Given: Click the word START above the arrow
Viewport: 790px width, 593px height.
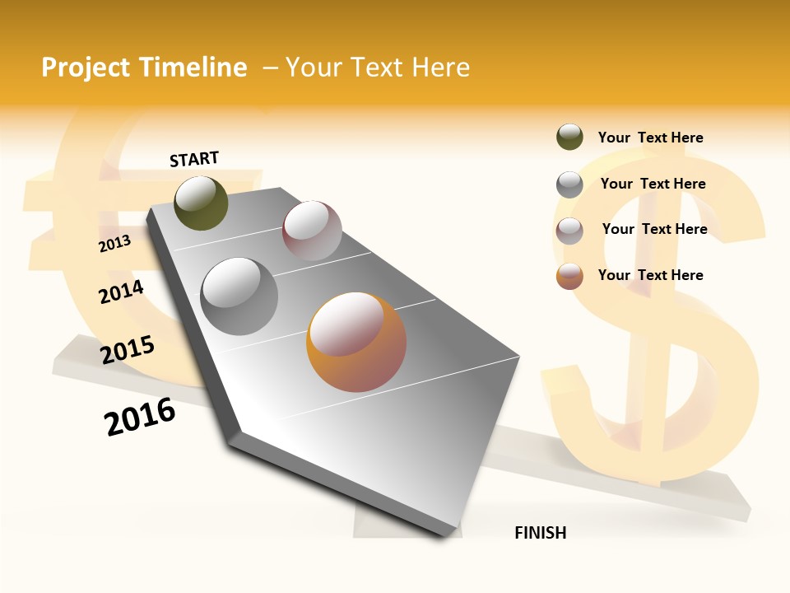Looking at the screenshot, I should tap(194, 159).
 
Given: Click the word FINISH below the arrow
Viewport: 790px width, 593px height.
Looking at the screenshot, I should tap(540, 533).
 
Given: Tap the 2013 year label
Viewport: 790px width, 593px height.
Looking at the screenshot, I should tap(114, 244).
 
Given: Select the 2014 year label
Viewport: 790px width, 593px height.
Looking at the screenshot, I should tap(121, 292).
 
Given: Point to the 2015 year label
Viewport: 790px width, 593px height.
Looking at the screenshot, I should tap(128, 350).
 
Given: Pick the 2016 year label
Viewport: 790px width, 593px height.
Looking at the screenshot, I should tap(140, 416).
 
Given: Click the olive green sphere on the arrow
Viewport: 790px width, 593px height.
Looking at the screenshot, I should tap(201, 203).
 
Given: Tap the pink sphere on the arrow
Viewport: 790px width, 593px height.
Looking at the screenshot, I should tap(312, 231).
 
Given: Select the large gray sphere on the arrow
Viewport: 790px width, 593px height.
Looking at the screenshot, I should tap(239, 296).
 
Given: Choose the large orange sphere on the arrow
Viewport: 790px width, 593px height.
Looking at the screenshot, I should tap(356, 342).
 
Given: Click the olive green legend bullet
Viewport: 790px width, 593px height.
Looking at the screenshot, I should tap(569, 137).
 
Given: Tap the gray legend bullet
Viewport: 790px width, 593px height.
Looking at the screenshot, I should tap(569, 184).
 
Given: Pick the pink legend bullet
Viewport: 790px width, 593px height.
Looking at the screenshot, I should tap(569, 231).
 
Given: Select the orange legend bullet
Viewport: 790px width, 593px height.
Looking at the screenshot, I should tap(569, 276).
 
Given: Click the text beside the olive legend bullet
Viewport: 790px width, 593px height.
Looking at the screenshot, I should tap(650, 138).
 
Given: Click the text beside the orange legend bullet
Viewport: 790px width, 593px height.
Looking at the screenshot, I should tap(650, 275).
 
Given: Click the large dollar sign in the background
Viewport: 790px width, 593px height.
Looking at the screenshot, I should tap(658, 329).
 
